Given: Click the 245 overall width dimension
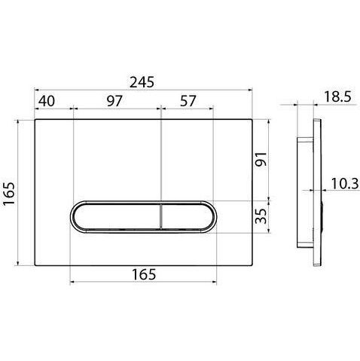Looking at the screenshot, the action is (x=142, y=82).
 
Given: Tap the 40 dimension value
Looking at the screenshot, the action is (x=47, y=101).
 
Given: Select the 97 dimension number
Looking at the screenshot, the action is (x=114, y=101).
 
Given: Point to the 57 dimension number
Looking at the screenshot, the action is (x=188, y=101).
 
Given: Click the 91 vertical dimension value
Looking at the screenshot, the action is (x=261, y=159).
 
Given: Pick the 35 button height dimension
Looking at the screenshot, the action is (x=261, y=216).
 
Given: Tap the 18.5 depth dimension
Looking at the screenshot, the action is (x=337, y=96).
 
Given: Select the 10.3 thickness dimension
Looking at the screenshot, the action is (x=345, y=184).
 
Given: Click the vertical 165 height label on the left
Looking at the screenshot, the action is (x=9, y=194).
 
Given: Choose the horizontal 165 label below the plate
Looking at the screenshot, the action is (x=144, y=274).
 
